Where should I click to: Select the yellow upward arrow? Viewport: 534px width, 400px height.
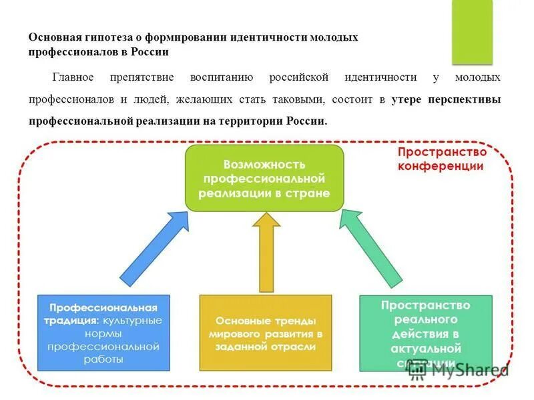(267, 253)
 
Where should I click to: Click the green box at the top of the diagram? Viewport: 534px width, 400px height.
(264, 179)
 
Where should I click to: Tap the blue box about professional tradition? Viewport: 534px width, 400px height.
(103, 333)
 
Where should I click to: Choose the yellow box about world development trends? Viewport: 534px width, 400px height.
(265, 333)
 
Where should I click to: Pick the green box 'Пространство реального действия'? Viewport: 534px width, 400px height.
(425, 333)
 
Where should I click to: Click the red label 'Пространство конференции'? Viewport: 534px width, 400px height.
(440, 159)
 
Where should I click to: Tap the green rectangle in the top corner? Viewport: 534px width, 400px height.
(472, 32)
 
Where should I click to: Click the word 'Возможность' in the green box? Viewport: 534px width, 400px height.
(264, 164)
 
